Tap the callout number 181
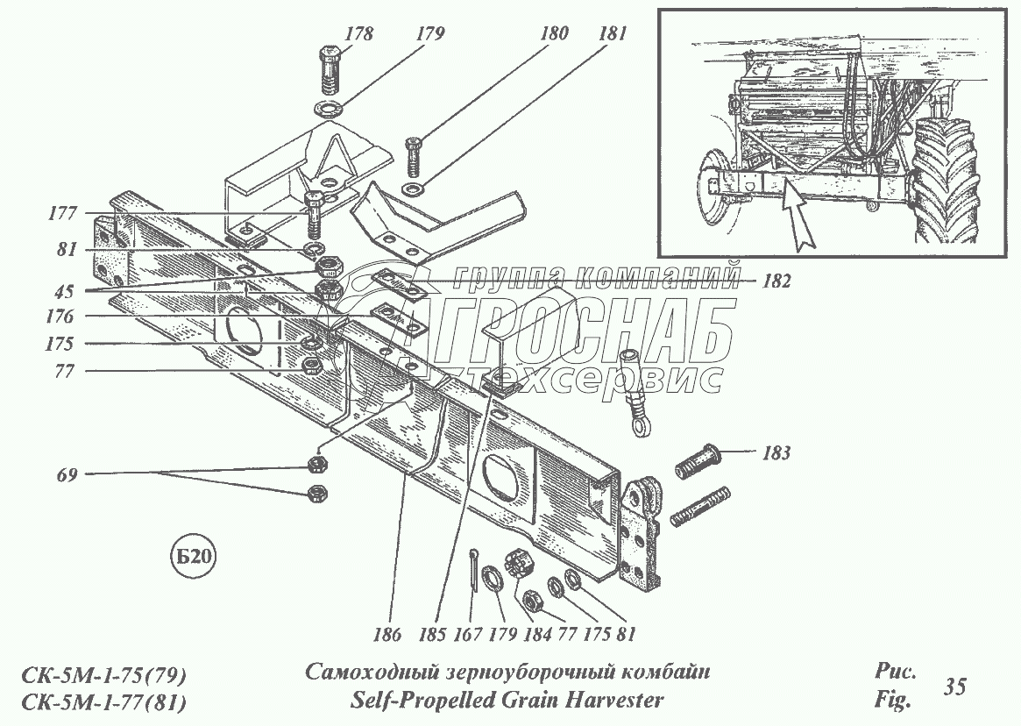coord(613,34)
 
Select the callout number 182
coord(776,281)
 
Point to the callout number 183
coord(776,453)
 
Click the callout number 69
coord(67,475)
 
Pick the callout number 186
coord(391,634)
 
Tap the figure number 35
coord(954,687)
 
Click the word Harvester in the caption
coord(613,700)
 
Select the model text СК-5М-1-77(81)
coord(103,702)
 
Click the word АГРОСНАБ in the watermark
coord(561,330)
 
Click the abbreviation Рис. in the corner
coord(896,673)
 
